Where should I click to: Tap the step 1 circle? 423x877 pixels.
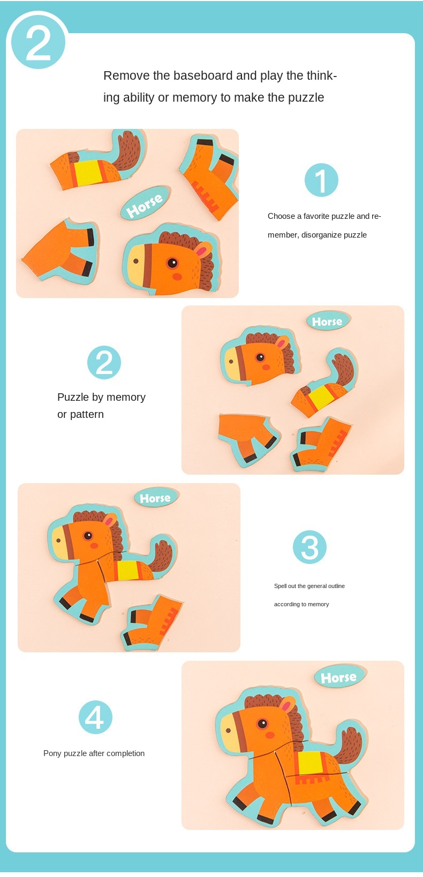tap(321, 180)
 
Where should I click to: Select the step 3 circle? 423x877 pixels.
tap(309, 547)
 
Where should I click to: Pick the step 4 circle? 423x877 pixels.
tap(95, 717)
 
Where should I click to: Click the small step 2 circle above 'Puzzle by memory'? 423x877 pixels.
tap(104, 362)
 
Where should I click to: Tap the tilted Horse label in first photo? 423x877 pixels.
tap(145, 203)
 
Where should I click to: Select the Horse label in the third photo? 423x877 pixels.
tap(155, 498)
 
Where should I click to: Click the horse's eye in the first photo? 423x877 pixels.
tap(172, 263)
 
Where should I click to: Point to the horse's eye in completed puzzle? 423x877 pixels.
tap(262, 723)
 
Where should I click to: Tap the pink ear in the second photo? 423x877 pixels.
tap(282, 342)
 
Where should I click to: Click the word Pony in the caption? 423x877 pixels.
tap(52, 753)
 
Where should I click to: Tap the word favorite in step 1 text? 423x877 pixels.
tap(316, 216)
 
